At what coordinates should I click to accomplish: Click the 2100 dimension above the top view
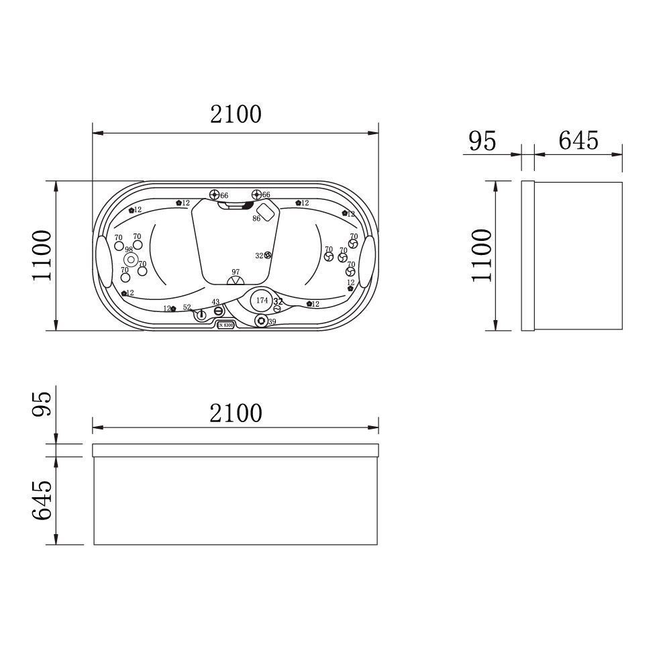[236, 115]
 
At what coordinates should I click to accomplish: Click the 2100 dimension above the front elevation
[236, 413]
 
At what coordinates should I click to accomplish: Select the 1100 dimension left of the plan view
[41, 256]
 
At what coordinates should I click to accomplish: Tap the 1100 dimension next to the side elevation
[480, 255]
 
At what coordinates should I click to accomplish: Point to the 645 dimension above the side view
[578, 140]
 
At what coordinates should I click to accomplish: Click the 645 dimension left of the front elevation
[41, 500]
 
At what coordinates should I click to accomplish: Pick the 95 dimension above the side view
[482, 141]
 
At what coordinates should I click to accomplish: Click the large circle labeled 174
[262, 301]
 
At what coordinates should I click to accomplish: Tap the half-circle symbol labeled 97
[236, 280]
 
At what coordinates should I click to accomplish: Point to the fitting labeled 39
[261, 321]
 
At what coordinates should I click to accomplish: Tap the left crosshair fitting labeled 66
[215, 195]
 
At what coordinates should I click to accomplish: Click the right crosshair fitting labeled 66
[257, 195]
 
